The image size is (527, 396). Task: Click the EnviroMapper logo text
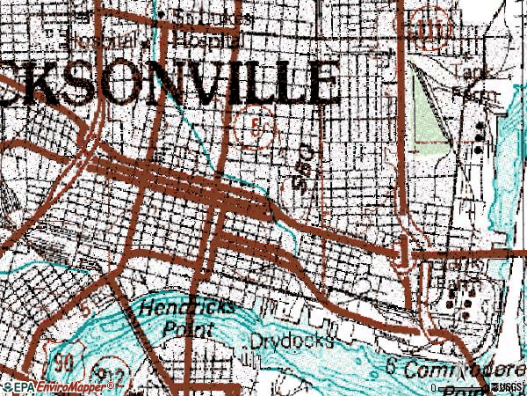coord(68,386)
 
